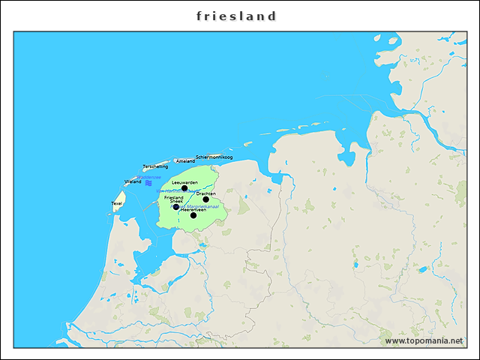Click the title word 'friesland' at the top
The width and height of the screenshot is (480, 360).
[237, 16]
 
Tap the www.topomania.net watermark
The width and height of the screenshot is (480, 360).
[424, 341]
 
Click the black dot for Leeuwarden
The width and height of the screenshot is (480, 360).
[184, 188]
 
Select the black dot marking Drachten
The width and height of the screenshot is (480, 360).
[205, 199]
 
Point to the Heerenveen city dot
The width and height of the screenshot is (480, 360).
[193, 215]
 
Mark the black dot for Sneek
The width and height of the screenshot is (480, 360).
[176, 207]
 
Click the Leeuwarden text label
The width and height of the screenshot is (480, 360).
[184, 182]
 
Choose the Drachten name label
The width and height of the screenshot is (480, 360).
[206, 193]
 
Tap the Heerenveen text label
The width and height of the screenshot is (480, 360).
[193, 209]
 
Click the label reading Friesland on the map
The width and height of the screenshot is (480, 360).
[173, 197]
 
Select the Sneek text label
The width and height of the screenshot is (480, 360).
[176, 202]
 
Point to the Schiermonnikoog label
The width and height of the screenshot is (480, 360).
[214, 157]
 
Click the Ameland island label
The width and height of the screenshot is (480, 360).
[185, 160]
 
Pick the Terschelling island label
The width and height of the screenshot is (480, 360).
[155, 166]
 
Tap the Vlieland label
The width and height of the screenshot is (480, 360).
[133, 181]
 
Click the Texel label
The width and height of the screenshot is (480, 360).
[117, 203]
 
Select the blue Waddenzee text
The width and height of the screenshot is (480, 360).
[149, 177]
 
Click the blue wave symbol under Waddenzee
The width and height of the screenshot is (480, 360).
[149, 183]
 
